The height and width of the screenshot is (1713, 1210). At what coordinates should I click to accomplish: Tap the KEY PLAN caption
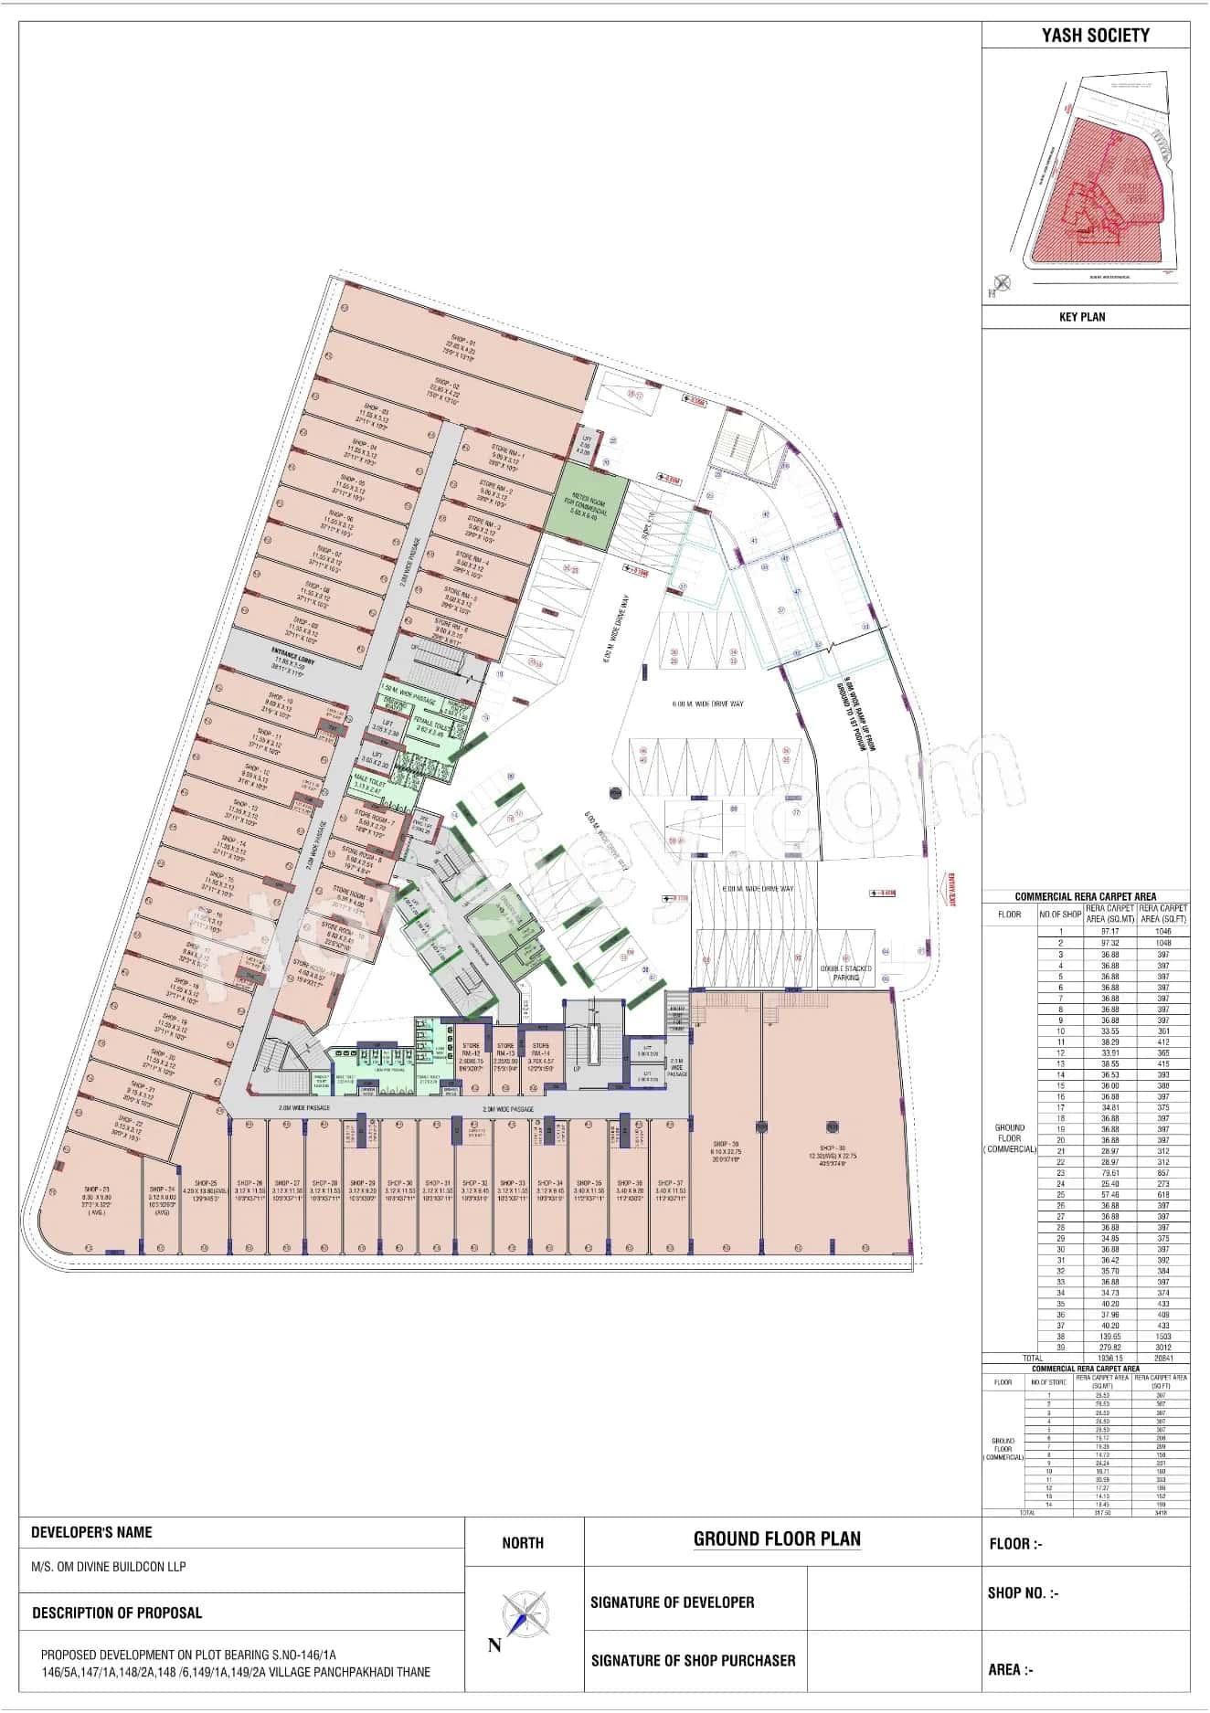1081,317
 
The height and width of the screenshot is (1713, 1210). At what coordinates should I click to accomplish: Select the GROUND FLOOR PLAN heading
777,1539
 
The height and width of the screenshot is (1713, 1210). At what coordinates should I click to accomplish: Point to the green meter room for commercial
592,504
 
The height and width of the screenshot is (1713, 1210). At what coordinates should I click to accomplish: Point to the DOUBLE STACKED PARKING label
845,972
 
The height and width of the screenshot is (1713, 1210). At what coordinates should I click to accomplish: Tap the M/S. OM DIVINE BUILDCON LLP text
109,1566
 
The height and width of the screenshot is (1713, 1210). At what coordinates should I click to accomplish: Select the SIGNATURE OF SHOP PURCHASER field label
693,1660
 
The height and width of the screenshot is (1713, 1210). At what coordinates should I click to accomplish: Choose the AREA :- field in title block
1010,1669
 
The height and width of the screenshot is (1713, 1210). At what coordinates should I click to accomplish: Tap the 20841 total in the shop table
1161,1359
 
